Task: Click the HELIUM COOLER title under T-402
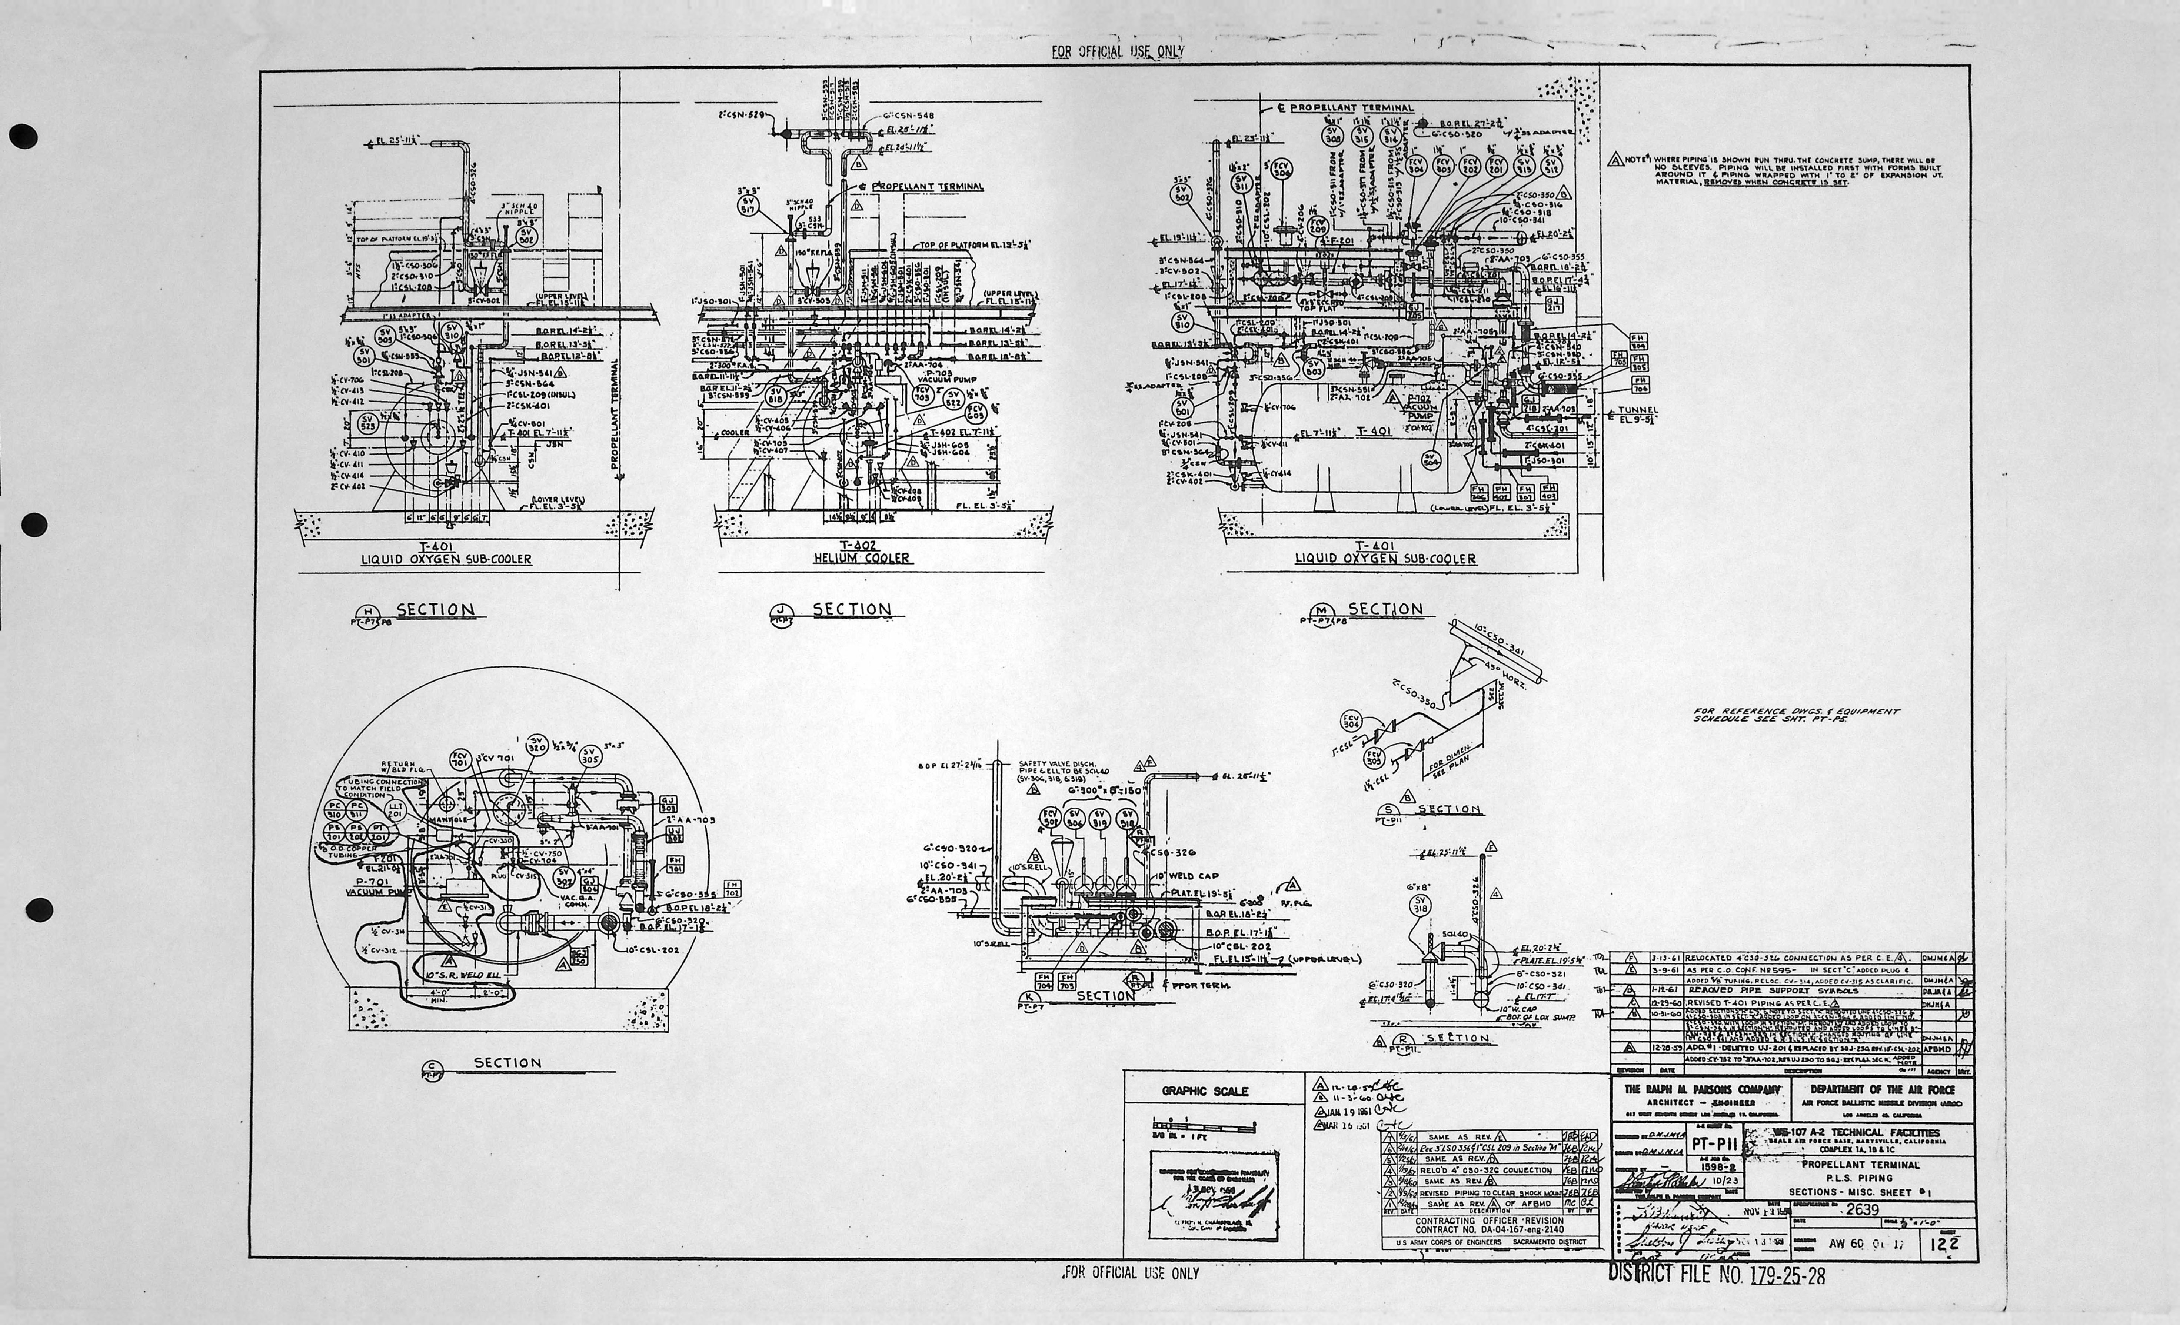click(x=862, y=558)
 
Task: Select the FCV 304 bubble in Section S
click(x=1351, y=721)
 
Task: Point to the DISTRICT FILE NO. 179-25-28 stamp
click(x=1716, y=1275)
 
